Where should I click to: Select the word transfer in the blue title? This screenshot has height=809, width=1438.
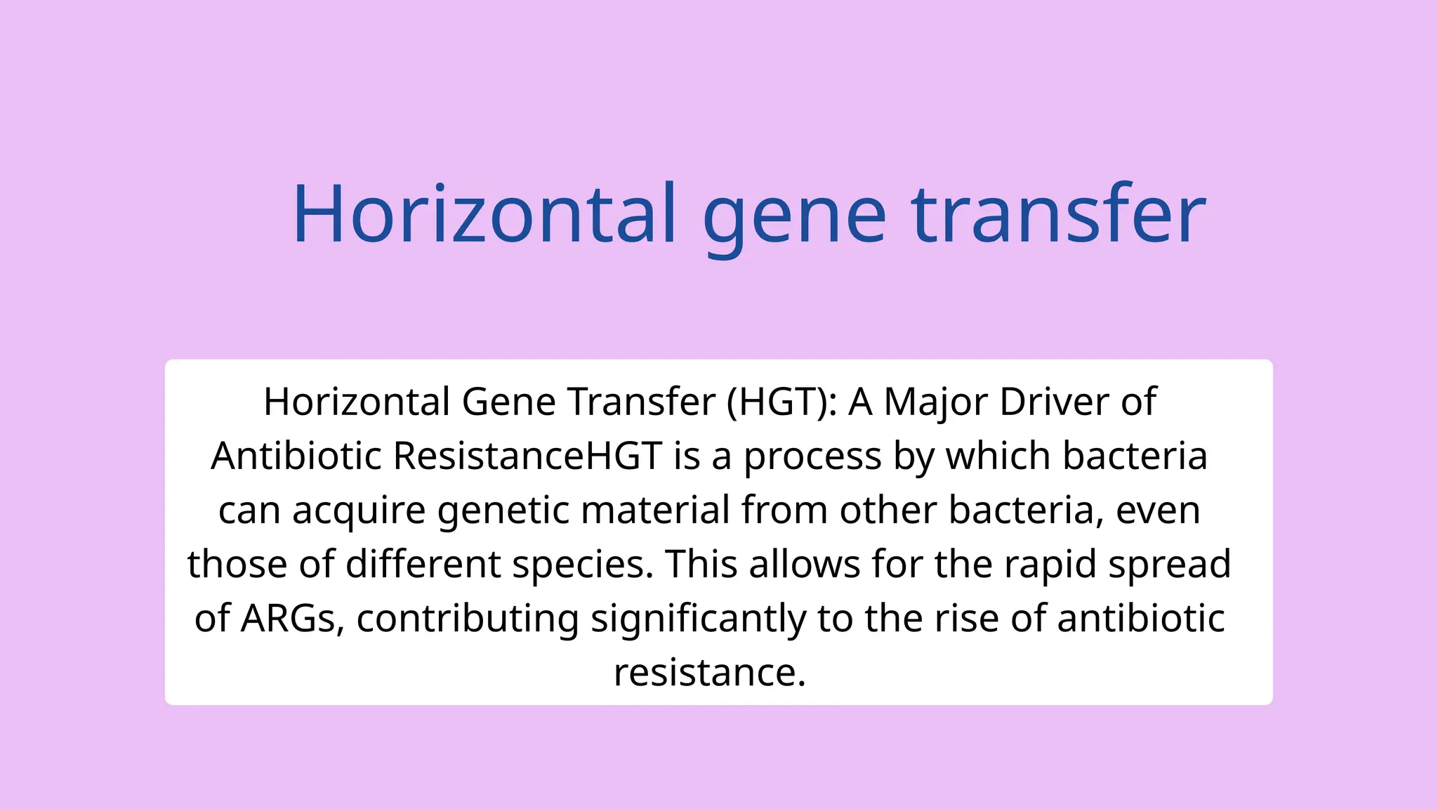pos(1059,213)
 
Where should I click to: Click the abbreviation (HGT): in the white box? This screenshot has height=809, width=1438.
pos(782,402)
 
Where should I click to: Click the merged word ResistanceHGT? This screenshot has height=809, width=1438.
pos(527,456)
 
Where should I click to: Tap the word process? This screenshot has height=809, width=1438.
pos(812,456)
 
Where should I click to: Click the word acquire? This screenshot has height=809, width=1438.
pos(359,510)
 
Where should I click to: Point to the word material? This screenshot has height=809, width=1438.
pos(655,510)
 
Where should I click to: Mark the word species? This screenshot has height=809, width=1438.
pos(583,564)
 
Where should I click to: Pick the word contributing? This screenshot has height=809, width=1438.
pos(468,618)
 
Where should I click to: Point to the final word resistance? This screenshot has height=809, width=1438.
pos(709,672)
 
